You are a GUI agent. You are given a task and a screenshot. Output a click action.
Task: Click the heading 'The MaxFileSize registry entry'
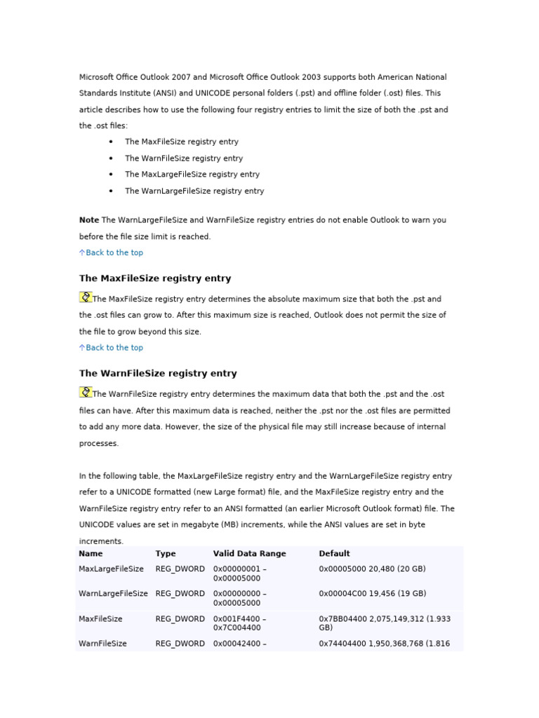pos(155,278)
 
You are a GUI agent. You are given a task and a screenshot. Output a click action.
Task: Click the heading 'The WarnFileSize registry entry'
pos(158,374)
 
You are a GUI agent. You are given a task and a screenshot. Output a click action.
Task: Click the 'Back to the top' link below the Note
pos(114,252)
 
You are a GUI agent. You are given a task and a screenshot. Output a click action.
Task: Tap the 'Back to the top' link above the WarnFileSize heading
pos(114,348)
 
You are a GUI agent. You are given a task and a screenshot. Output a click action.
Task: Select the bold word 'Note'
pos(89,220)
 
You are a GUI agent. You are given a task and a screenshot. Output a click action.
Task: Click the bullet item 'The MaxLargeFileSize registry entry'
pos(192,175)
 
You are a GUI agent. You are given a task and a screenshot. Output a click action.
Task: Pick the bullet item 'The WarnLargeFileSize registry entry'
pos(194,191)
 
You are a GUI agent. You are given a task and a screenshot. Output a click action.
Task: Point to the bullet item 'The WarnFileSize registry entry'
pos(184,158)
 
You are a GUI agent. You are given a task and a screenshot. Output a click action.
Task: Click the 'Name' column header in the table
pos(91,554)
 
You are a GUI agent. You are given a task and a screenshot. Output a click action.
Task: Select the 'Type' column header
pos(166,554)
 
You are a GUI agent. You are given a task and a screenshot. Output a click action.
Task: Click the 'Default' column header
pos(334,554)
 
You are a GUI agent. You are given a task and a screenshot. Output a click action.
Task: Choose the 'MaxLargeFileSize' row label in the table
pos(111,569)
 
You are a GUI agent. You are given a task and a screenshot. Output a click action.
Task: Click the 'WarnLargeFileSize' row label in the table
pos(113,594)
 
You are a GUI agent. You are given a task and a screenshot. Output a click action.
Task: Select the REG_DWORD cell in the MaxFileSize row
pos(180,619)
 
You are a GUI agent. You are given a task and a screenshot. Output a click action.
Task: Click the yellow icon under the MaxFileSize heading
pos(86,297)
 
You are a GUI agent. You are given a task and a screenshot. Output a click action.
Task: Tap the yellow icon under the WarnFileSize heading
pos(86,393)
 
